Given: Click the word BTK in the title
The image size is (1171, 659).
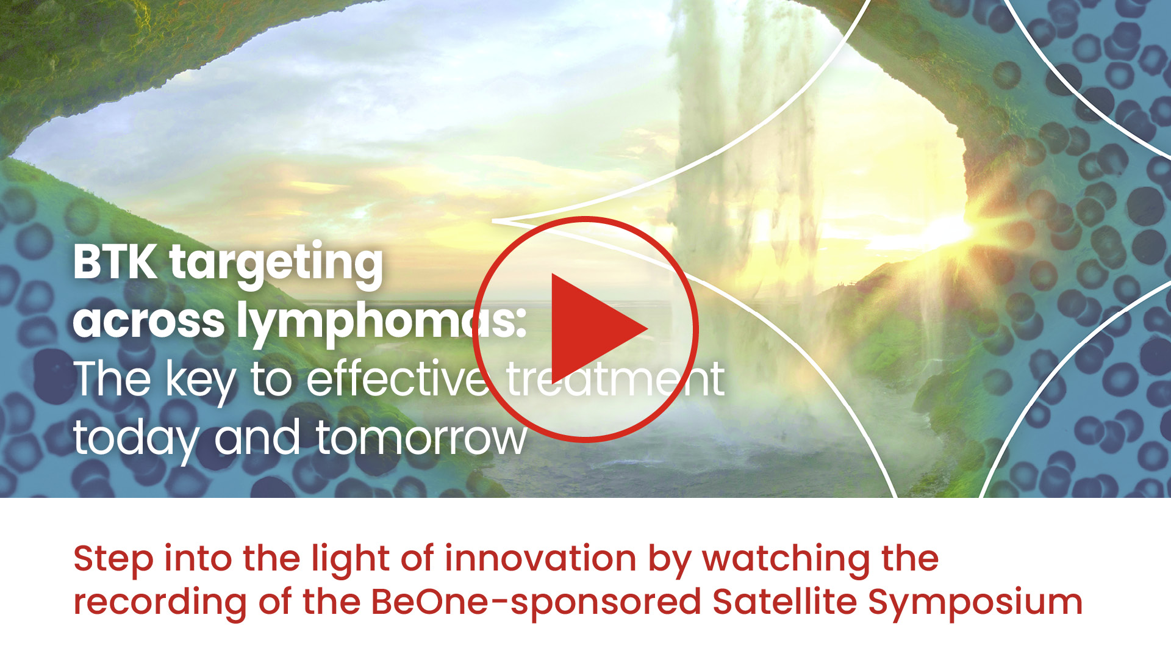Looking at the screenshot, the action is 115,262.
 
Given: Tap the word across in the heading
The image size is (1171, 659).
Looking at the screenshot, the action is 149,321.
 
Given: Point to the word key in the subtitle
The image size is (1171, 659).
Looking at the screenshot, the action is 201,381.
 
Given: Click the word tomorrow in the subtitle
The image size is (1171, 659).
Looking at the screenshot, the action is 421,438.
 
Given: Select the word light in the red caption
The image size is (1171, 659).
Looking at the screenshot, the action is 350,560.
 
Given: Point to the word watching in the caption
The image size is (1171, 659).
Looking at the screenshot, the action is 786,560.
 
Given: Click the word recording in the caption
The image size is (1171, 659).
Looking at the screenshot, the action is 160,603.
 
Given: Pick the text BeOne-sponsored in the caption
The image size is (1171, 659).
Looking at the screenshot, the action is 536,603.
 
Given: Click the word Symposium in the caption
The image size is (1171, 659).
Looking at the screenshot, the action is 975,603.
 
